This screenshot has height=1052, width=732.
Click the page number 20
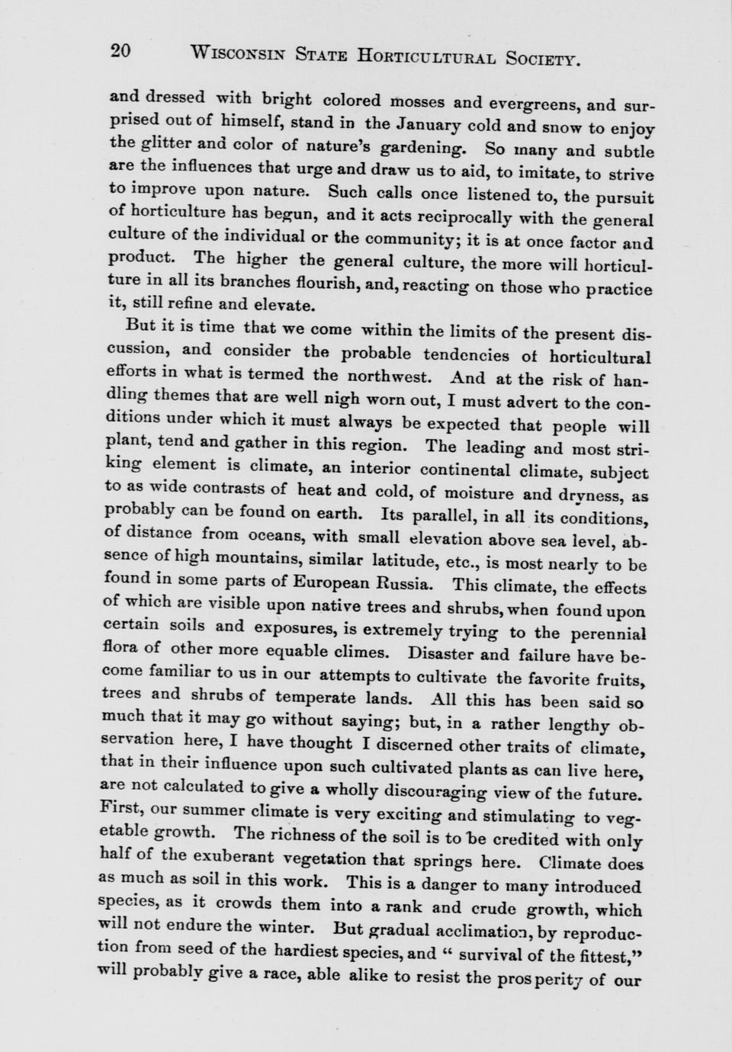(x=121, y=51)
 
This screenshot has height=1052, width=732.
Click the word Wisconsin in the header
(x=238, y=53)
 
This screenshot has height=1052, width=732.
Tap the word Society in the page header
(x=543, y=59)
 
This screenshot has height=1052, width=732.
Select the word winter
(x=291, y=928)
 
